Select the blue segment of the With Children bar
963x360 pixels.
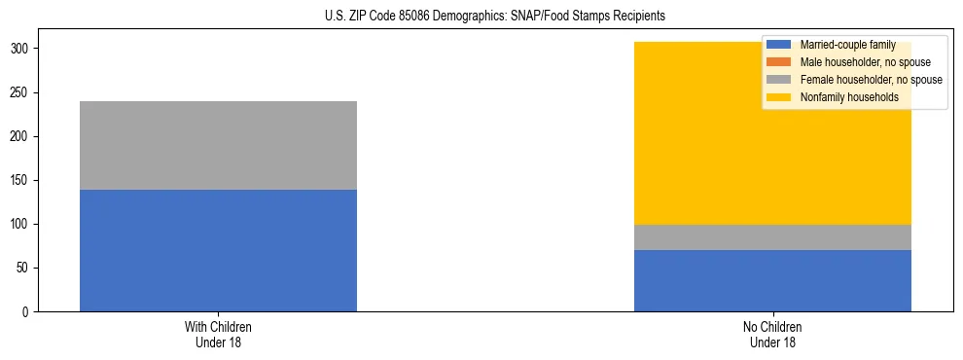click(x=218, y=250)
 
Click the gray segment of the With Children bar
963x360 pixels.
click(x=218, y=145)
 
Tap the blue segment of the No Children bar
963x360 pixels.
click(x=772, y=280)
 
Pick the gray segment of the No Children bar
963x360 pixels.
click(x=772, y=237)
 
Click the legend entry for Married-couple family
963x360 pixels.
click(x=847, y=45)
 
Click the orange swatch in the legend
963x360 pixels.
click(x=779, y=62)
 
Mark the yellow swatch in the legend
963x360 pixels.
click(x=779, y=97)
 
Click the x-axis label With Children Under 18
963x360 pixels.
click(x=218, y=334)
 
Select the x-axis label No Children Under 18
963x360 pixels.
click(x=772, y=334)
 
